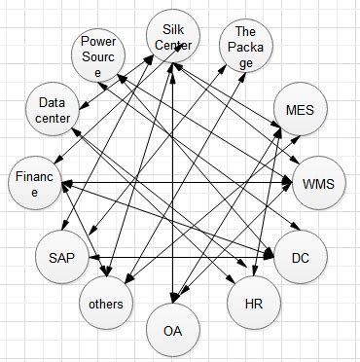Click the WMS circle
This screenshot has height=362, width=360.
317,183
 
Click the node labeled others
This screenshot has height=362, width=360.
105,303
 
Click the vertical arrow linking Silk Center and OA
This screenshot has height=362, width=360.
172,195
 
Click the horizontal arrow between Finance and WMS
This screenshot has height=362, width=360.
175,182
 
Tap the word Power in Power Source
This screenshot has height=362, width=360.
98,42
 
